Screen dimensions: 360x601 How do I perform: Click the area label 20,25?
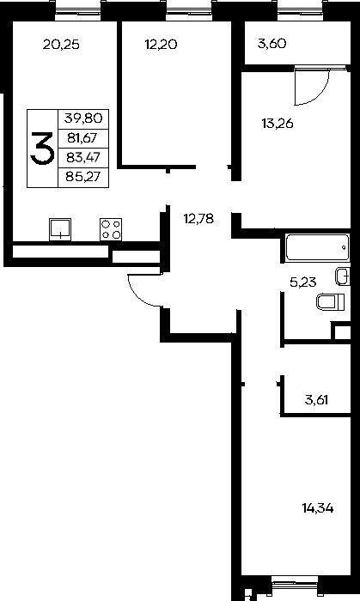(x=61, y=45)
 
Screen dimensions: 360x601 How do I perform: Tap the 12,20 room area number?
(x=161, y=45)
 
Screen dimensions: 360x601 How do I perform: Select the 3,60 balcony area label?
(x=272, y=44)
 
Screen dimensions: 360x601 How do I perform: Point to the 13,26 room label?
(x=278, y=124)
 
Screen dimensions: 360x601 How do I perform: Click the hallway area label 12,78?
(x=198, y=219)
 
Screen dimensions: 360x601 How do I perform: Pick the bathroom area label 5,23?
(x=303, y=282)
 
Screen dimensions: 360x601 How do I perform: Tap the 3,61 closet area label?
(x=317, y=400)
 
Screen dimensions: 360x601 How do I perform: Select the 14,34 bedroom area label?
(x=318, y=508)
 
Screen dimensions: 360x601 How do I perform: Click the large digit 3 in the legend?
(x=42, y=149)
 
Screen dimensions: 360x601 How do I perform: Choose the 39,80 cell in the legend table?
(x=83, y=118)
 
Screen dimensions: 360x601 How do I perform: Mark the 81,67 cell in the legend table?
(x=82, y=138)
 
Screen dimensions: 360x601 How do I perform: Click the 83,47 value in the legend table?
(x=83, y=157)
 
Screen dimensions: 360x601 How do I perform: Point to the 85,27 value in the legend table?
(x=83, y=176)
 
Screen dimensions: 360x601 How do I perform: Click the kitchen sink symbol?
(x=60, y=229)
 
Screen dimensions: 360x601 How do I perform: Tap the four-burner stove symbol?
(x=111, y=229)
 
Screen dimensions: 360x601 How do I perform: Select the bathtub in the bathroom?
(x=317, y=247)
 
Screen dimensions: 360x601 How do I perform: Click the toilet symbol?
(x=331, y=301)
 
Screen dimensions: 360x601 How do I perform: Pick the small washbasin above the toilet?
(x=343, y=276)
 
